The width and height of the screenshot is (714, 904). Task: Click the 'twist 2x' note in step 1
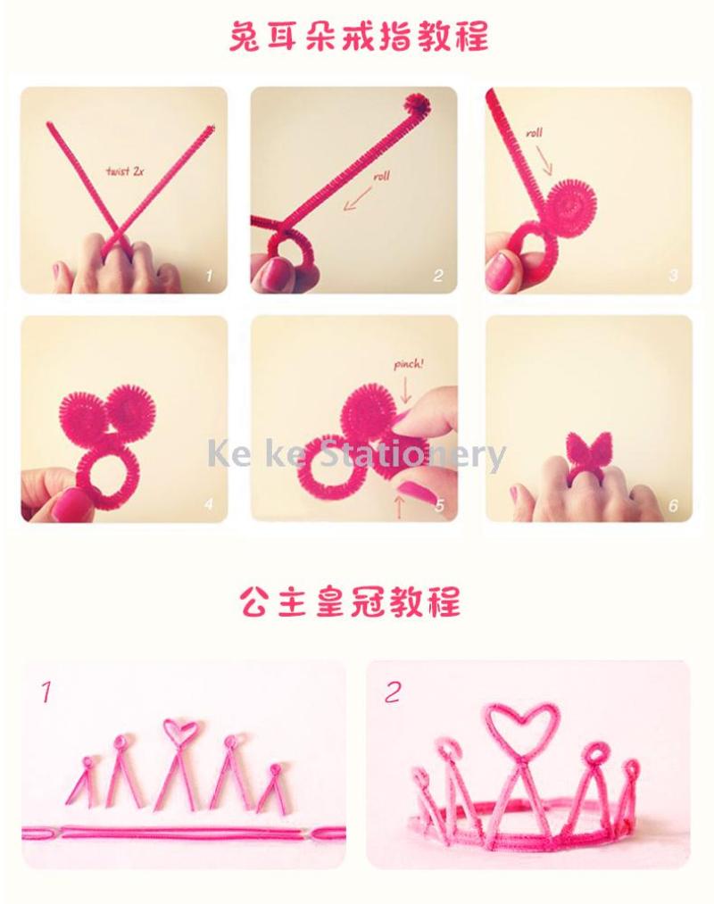[x=125, y=171]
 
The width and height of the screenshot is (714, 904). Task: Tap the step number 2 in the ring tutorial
[x=438, y=276]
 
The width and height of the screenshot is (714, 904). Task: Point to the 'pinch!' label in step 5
[x=409, y=364]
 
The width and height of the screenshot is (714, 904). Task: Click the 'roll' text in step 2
[x=381, y=176]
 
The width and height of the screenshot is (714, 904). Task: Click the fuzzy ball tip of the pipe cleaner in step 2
[x=417, y=104]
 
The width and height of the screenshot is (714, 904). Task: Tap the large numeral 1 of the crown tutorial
[x=46, y=693]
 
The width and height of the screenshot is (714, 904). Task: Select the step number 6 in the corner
[x=673, y=506]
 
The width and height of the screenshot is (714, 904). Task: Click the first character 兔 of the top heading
[x=245, y=36]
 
